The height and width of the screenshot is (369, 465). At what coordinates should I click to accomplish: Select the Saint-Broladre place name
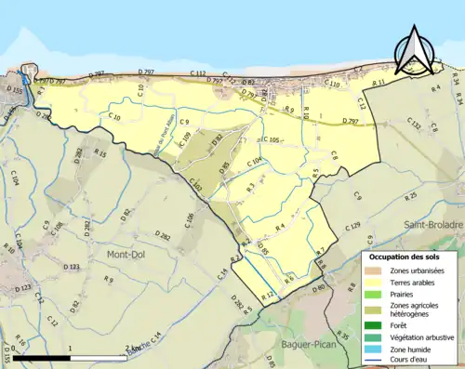[x=432, y=225]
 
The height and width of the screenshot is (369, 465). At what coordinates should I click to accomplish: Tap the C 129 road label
[x=352, y=226]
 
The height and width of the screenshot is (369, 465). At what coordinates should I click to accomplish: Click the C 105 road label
[x=271, y=139]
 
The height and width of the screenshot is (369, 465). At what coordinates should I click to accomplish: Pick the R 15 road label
[x=100, y=153]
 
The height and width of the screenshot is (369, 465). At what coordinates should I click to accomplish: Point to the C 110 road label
[x=332, y=85]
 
